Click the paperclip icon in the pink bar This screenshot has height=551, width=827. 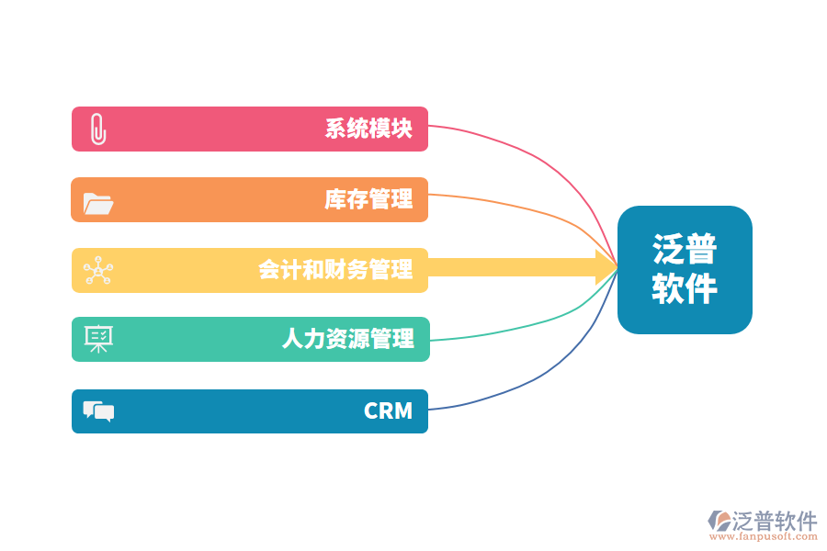pos(97,129)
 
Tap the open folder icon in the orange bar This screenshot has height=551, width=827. pos(97,202)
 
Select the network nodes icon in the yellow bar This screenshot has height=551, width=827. pos(97,270)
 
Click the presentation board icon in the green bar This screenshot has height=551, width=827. pos(97,339)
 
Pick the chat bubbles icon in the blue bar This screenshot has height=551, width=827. pos(98,410)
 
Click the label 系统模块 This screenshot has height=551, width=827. pos(368,129)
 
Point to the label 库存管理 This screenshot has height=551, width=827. pos(368,199)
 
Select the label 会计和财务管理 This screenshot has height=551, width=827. pos(335,270)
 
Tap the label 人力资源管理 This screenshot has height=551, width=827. pos(347,339)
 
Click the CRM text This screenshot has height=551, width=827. pos(388,410)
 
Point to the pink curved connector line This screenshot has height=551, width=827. pos(533,157)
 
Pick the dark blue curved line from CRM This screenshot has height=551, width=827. pos(533,377)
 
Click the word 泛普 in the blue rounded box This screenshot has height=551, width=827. pos(685,249)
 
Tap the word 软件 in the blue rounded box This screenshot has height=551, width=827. pos(685,289)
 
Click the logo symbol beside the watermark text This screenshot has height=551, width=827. pos(719,521)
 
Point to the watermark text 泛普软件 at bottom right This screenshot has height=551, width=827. pos(774,521)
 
